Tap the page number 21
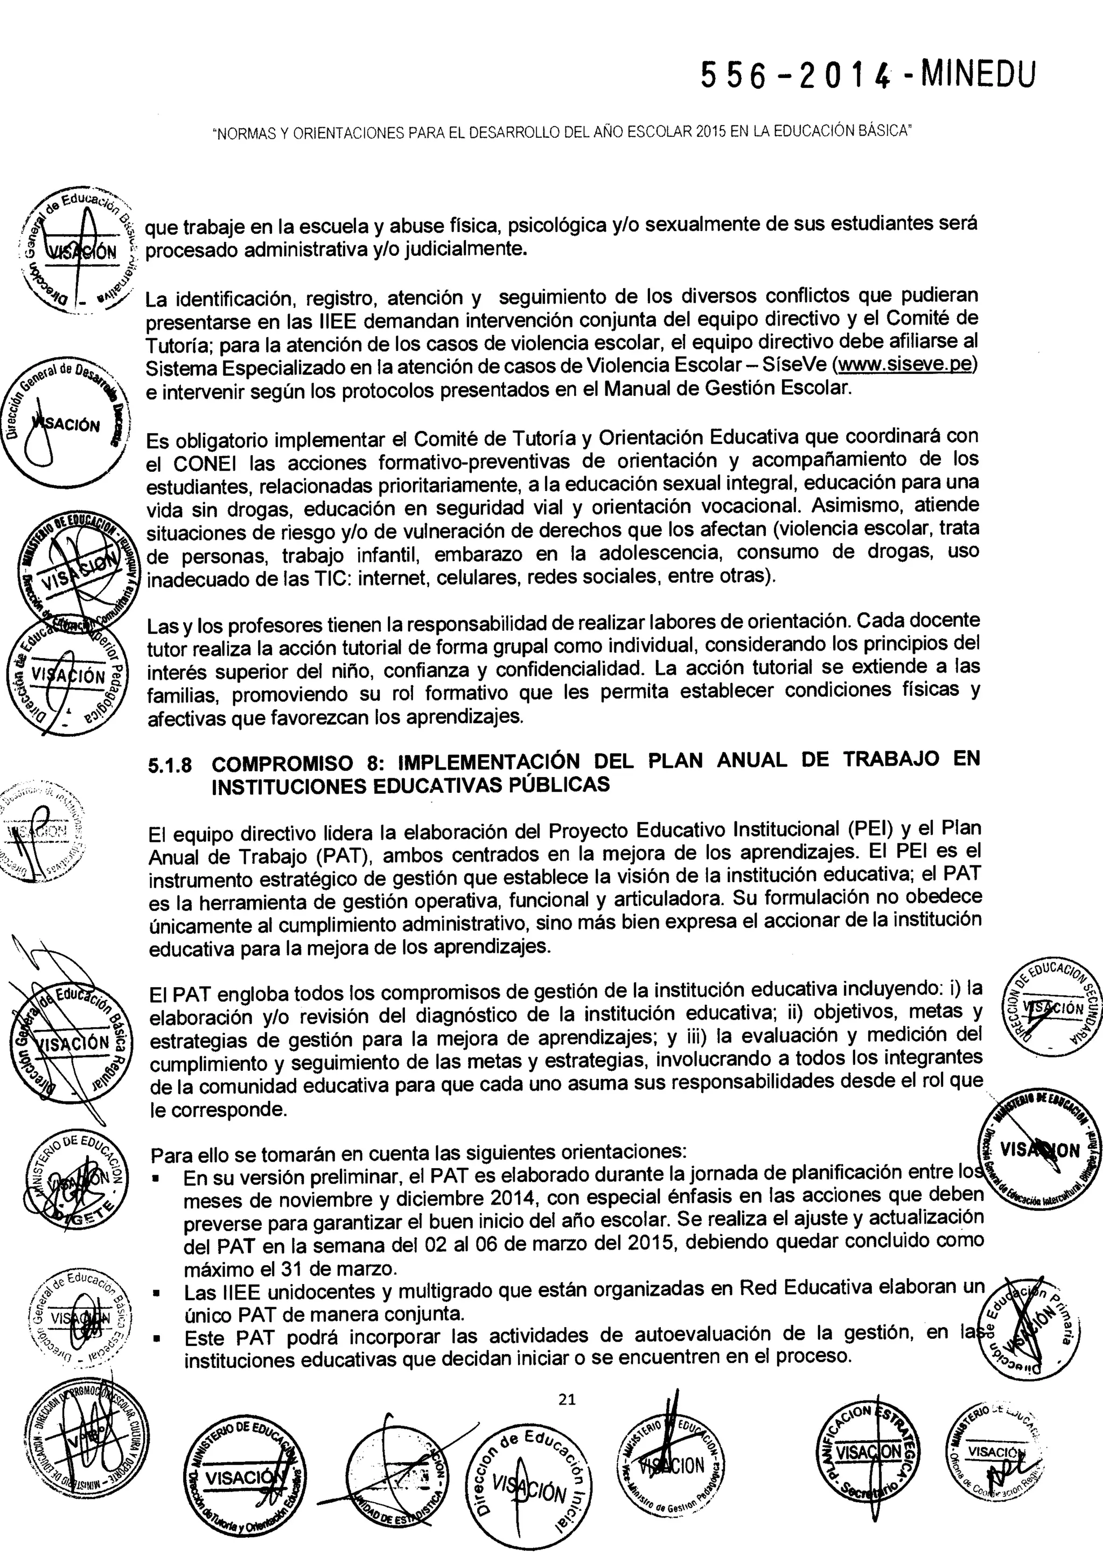(x=567, y=1398)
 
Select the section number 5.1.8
(x=170, y=765)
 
